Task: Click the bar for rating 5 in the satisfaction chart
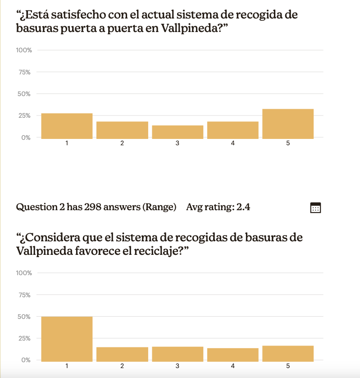pos(288,124)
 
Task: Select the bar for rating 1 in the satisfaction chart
pos(67,126)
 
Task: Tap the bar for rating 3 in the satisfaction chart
pos(178,132)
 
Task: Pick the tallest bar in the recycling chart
pos(67,339)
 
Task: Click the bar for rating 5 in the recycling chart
pos(288,354)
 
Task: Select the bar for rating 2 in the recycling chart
pos(122,355)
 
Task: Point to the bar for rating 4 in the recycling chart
pos(232,355)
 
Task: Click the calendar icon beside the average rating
pos(315,207)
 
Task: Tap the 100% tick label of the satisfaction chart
pos(24,50)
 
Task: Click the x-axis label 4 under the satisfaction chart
pos(232,143)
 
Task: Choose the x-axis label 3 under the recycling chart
pos(178,366)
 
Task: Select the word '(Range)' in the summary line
pos(159,207)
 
